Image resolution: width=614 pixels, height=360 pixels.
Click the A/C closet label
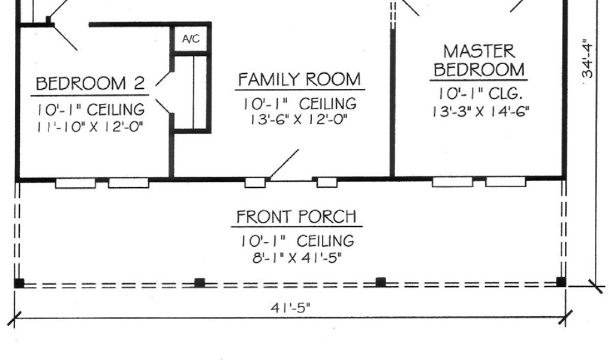(191, 39)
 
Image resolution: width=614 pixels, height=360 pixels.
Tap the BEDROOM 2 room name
(90, 83)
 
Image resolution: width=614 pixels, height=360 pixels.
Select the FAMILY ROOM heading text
(300, 80)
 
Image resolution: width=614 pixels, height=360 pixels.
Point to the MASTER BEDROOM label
(479, 61)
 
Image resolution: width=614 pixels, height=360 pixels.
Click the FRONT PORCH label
(296, 216)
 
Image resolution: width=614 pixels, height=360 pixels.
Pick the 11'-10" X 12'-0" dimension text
(90, 127)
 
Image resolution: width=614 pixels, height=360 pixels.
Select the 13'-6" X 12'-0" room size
(299, 119)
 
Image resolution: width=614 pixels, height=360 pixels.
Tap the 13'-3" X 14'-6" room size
(481, 112)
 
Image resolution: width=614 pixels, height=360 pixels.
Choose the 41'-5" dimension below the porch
(291, 308)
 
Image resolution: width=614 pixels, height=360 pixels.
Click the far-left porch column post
(19, 283)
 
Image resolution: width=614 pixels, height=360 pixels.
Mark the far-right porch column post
(561, 281)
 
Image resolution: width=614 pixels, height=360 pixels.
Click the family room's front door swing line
(284, 164)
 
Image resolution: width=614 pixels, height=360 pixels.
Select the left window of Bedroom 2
(76, 183)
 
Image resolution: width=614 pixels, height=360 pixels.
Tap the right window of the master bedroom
(505, 181)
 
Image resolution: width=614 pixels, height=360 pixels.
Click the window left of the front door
(255, 182)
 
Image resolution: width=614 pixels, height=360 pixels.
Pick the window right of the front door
(327, 182)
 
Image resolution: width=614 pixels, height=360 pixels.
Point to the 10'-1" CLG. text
(481, 94)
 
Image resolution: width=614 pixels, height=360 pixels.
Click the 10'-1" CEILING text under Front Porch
(297, 241)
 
